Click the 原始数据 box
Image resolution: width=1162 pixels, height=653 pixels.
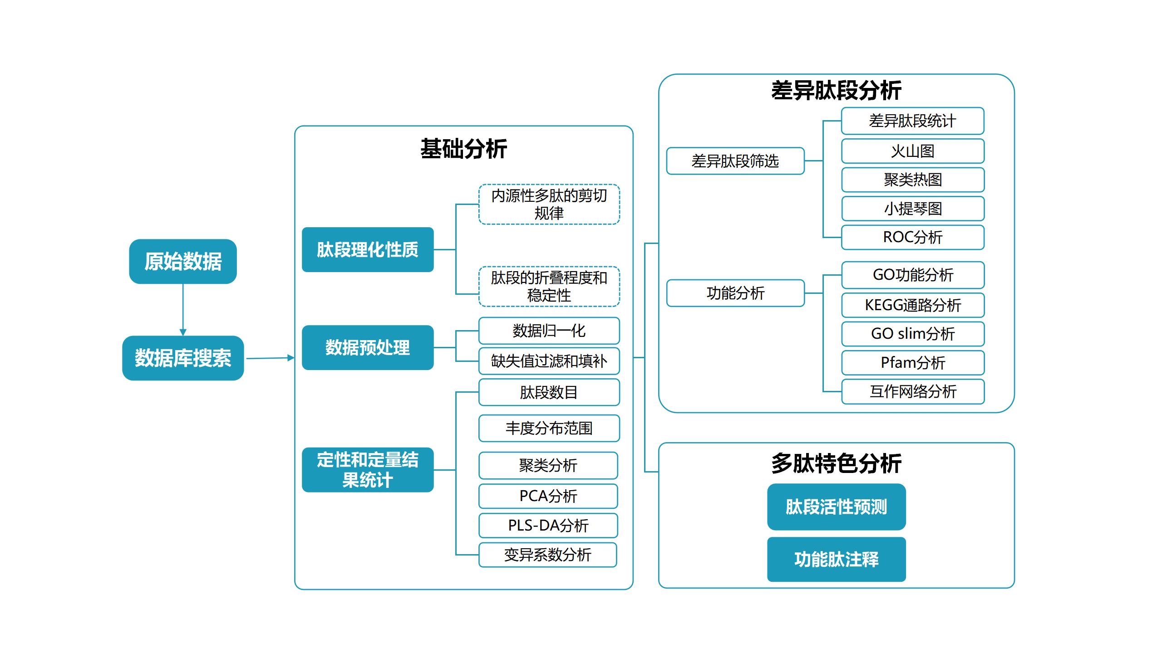click(x=183, y=261)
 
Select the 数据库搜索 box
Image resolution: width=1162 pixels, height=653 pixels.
click(x=183, y=358)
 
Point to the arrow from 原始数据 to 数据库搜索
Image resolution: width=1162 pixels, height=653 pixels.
click(x=183, y=310)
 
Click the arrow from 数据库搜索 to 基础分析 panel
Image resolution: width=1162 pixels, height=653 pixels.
click(x=270, y=358)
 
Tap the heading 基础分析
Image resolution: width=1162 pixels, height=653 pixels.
click(x=463, y=149)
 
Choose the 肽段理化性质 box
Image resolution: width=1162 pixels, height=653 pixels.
click(x=368, y=249)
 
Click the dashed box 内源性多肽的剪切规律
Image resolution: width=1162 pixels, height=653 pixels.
click(x=549, y=204)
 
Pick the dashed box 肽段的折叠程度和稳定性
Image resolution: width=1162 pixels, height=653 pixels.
click(x=549, y=287)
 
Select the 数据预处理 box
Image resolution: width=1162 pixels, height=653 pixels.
click(x=368, y=347)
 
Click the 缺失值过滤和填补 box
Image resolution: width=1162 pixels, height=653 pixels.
click(x=549, y=361)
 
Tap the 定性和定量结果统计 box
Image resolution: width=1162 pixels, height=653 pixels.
click(x=368, y=470)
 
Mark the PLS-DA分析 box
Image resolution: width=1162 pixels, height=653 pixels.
click(x=548, y=526)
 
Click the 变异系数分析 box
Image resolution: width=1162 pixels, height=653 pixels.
click(x=548, y=555)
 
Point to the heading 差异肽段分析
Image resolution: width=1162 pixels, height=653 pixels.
click(x=836, y=90)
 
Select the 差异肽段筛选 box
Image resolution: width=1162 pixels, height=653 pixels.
click(x=735, y=161)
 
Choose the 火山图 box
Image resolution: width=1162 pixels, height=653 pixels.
click(x=913, y=151)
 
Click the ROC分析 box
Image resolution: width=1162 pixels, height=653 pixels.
click(x=913, y=237)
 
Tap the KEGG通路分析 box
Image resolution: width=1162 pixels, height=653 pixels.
click(x=913, y=305)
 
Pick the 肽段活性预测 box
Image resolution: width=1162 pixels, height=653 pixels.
click(x=837, y=507)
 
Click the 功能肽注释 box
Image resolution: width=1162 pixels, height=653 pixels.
click(x=837, y=560)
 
